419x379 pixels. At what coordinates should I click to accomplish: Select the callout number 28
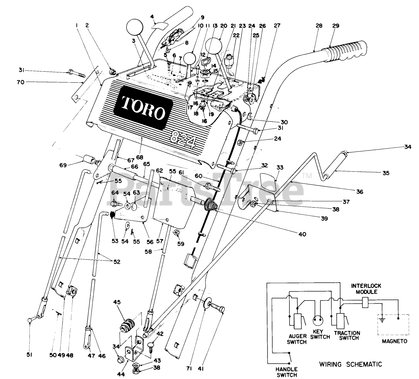click(x=319, y=26)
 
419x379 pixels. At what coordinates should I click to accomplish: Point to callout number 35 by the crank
click(x=386, y=173)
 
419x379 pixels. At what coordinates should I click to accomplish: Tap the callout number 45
click(x=117, y=302)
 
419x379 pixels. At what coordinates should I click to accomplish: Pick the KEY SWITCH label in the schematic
click(x=321, y=335)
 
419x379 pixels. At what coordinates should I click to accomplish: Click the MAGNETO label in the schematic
click(x=395, y=341)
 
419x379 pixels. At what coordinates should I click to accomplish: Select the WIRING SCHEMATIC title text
click(x=350, y=364)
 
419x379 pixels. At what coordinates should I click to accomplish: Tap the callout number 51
click(x=29, y=356)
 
